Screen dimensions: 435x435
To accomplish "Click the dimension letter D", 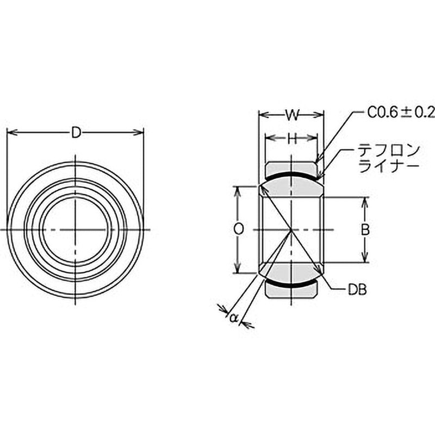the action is point(76,132).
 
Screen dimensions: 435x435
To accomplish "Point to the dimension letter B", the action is point(365,229).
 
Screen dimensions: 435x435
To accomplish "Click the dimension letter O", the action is point(239,229).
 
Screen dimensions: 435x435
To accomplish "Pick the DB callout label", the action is point(357,290).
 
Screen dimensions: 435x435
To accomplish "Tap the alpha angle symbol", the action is point(234,318).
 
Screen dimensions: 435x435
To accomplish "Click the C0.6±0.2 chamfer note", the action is point(401,113).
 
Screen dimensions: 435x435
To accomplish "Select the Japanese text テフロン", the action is point(388,151).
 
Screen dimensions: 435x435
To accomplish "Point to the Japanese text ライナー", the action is point(388,166).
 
